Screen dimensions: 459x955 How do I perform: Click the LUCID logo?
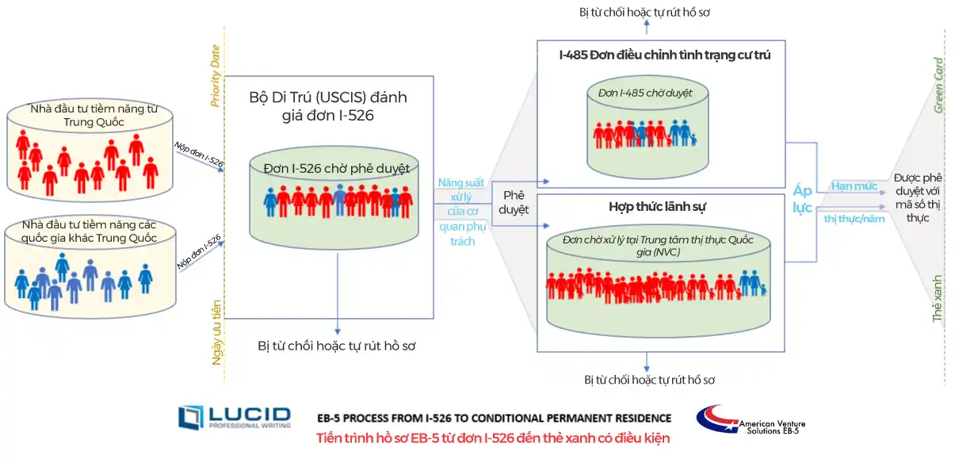coord(234,417)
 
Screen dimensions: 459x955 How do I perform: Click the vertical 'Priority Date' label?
coord(215,75)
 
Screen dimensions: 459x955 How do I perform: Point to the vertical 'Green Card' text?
coord(938,86)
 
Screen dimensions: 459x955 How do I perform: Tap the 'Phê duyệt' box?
coord(514,202)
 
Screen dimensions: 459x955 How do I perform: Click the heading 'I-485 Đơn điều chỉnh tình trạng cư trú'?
coord(664,55)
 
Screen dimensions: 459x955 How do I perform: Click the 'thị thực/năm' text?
coord(854,219)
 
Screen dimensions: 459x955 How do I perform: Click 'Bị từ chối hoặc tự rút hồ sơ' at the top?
coord(646,13)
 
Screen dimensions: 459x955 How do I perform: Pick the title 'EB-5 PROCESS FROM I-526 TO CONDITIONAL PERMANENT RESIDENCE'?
coord(494,418)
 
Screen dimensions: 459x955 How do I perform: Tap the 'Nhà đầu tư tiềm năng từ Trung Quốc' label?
coord(89,117)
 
